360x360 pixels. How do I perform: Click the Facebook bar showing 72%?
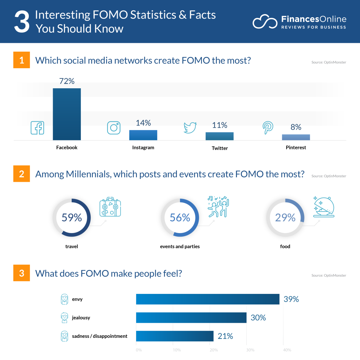[x=67, y=114]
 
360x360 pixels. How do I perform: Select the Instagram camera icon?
[x=114, y=128]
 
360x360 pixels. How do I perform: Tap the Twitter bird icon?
[x=190, y=128]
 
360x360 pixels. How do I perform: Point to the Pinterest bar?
[x=296, y=137]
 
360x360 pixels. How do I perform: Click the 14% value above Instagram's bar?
[x=143, y=123]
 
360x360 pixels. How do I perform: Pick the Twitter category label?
[x=220, y=148]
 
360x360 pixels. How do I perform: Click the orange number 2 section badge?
[x=21, y=174]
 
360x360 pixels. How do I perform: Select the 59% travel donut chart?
[x=72, y=218]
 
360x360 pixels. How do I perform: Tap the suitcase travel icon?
[x=110, y=207]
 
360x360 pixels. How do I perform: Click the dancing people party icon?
[x=218, y=206]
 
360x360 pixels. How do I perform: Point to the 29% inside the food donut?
[x=285, y=218]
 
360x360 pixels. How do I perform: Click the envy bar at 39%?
[x=207, y=299]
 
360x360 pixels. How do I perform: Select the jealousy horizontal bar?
[x=191, y=318]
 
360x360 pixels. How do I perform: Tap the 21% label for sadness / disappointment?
[x=225, y=336]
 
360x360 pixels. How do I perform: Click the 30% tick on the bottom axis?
[x=250, y=350]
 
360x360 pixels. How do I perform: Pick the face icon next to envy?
[x=64, y=299]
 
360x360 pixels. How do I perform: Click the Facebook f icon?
[x=37, y=128]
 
